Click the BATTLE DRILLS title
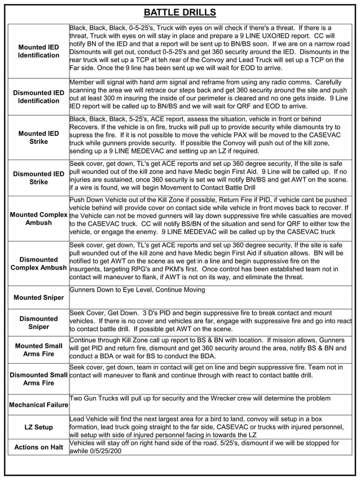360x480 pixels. (179, 12)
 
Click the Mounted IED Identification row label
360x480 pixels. (38, 51)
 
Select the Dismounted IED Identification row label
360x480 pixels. (38, 96)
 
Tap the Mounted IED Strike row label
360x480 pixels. (38, 138)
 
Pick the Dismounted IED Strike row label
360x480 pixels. (38, 178)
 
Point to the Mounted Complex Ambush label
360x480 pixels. (38, 219)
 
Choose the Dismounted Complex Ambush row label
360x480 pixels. (38, 263)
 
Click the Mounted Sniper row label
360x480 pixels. (38, 297)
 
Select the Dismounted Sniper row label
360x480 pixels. (38, 323)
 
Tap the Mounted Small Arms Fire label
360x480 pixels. (38, 350)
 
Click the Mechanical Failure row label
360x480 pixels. (38, 405)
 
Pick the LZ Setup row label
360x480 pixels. (38, 428)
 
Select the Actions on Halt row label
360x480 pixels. (38, 447)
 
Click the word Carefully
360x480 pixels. (332, 82)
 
